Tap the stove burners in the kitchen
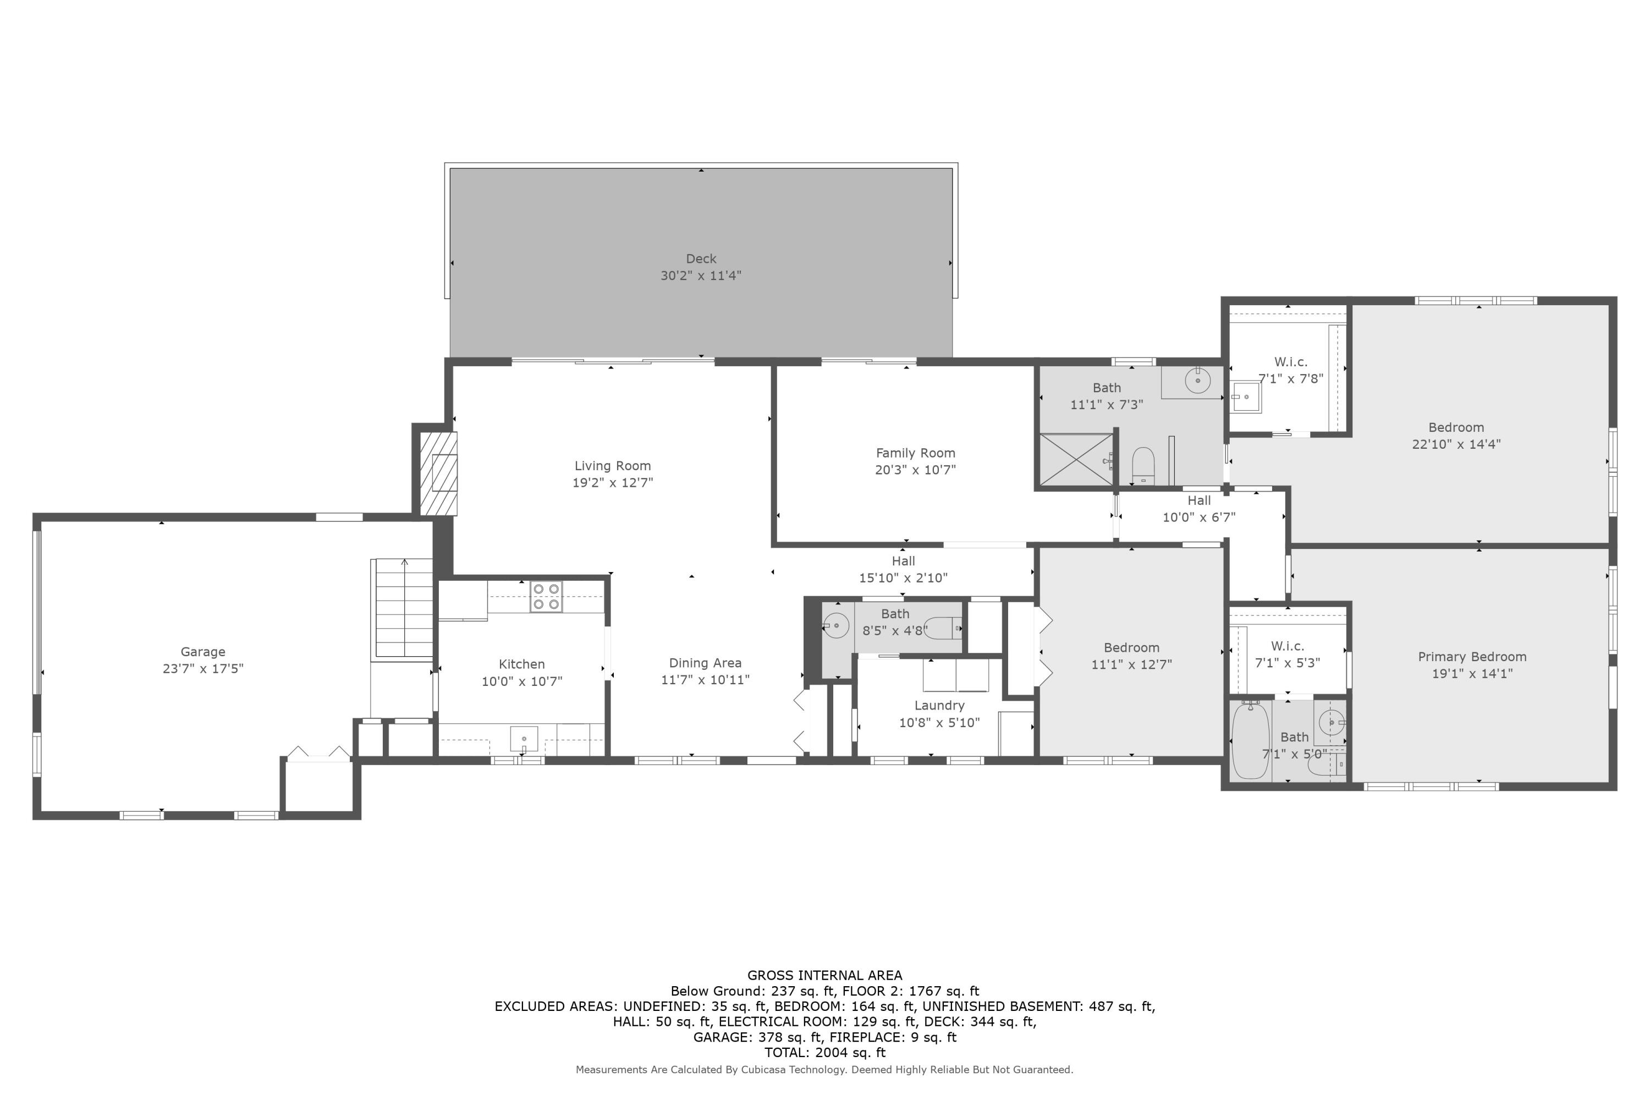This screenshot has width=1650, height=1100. pyautogui.click(x=546, y=596)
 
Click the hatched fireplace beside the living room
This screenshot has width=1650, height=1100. pyautogui.click(x=438, y=474)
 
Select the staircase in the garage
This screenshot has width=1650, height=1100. pyautogui.click(x=403, y=608)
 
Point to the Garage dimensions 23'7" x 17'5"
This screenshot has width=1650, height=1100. pyautogui.click(x=203, y=669)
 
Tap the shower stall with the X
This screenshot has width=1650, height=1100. pyautogui.click(x=1075, y=459)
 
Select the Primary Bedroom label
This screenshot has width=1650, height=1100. pyautogui.click(x=1472, y=657)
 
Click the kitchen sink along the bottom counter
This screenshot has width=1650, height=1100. pyautogui.click(x=524, y=739)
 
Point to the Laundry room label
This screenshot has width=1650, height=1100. pyautogui.click(x=939, y=705)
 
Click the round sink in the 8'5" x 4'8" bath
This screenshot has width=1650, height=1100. pyautogui.click(x=835, y=624)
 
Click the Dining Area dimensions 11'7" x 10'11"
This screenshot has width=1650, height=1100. pyautogui.click(x=705, y=680)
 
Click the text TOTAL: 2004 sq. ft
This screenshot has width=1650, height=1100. pyautogui.click(x=825, y=1052)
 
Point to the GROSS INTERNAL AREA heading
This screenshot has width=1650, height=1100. pyautogui.click(x=825, y=975)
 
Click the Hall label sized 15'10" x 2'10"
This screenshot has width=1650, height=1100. pyautogui.click(x=903, y=560)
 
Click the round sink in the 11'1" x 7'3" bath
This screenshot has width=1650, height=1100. pyautogui.click(x=1197, y=381)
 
